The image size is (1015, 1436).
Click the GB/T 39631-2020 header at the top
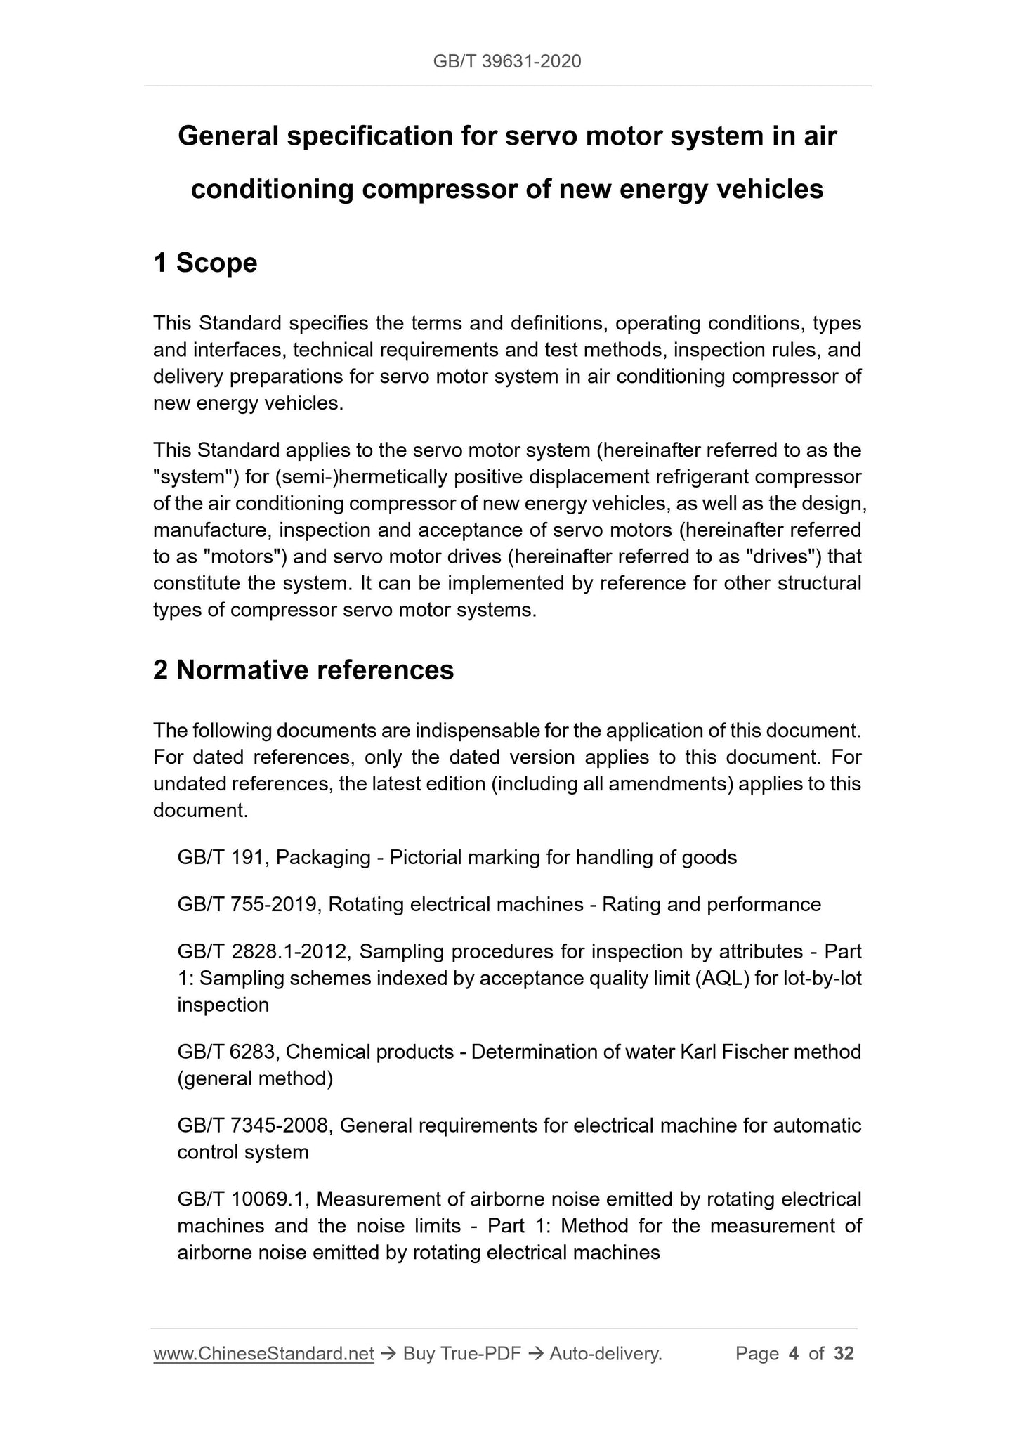(x=506, y=62)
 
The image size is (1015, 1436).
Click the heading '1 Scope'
(x=205, y=263)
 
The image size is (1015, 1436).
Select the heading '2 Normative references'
(x=303, y=670)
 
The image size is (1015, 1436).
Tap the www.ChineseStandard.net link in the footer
(x=263, y=1354)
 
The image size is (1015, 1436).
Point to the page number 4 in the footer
(x=794, y=1354)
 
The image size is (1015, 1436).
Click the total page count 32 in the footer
(x=844, y=1354)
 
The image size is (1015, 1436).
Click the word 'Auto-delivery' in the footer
(x=605, y=1354)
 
